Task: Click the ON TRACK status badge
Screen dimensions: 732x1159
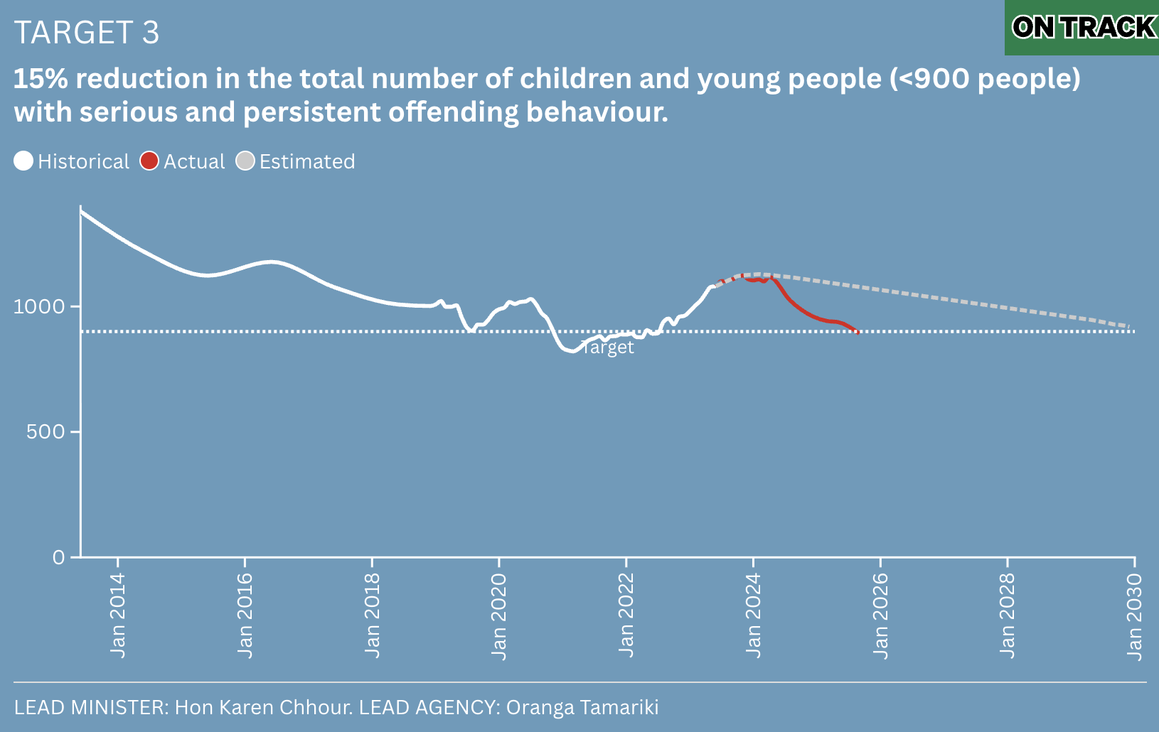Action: (x=1083, y=28)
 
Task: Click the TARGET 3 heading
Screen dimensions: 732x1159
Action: (x=87, y=33)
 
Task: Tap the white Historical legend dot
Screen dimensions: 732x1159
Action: (x=23, y=161)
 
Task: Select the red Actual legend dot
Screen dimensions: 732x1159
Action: (x=149, y=161)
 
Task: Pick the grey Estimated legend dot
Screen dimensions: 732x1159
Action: (x=245, y=161)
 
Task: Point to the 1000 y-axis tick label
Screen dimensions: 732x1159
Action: (x=39, y=306)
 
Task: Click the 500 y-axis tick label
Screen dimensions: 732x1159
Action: (x=46, y=431)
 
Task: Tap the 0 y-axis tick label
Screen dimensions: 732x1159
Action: (x=59, y=557)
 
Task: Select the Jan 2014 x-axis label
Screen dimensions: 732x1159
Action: (x=118, y=615)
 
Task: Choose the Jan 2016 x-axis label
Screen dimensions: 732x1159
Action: (x=245, y=615)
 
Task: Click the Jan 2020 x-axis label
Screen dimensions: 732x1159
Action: (x=499, y=615)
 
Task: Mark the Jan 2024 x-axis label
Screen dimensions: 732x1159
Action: (x=754, y=615)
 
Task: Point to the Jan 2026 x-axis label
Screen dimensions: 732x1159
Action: (x=880, y=615)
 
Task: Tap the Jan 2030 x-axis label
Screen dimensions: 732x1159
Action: (x=1135, y=615)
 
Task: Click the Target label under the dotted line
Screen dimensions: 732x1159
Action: (x=608, y=348)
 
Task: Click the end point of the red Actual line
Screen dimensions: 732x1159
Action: (x=858, y=332)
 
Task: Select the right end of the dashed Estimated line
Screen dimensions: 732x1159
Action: (x=1130, y=326)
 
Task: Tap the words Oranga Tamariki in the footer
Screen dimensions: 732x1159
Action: (x=582, y=708)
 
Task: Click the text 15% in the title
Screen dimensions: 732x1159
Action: (x=41, y=79)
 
